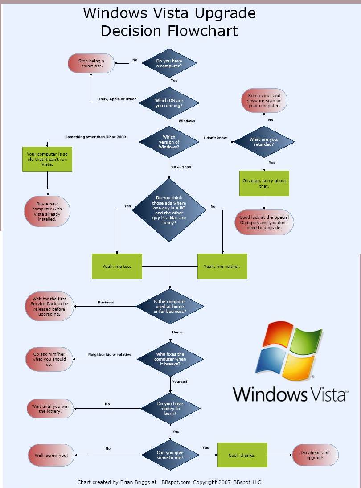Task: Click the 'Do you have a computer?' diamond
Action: (169, 63)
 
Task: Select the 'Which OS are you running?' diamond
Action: (169, 103)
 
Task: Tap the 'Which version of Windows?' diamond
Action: (169, 142)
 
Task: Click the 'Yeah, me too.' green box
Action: (117, 266)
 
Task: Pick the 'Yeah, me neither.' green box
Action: (222, 266)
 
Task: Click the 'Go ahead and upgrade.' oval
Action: (315, 455)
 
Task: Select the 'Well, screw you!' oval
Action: (51, 455)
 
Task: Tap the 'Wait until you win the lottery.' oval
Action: (49, 409)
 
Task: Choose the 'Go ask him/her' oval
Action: (49, 359)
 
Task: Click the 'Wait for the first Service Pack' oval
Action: (49, 306)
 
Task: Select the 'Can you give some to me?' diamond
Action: (170, 455)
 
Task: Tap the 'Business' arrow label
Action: (106, 302)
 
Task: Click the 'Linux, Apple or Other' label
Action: (117, 99)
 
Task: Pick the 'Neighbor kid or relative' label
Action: (110, 354)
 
